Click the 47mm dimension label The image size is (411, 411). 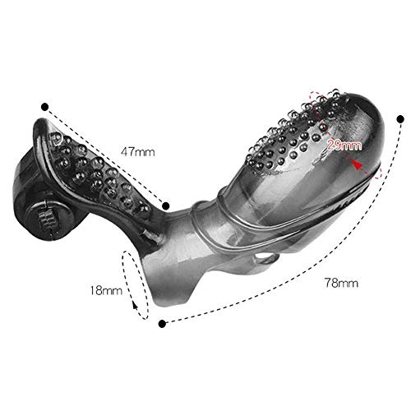pos(138,152)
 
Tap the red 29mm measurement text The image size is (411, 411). pos(344,145)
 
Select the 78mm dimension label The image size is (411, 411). pos(341,283)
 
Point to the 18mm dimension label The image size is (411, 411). pos(106,290)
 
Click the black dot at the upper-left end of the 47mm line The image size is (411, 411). pos(44,107)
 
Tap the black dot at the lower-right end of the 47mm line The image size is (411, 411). pos(165,205)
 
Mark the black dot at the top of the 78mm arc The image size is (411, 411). pos(400,119)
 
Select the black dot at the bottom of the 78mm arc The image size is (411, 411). pos(162,324)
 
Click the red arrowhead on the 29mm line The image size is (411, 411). pos(357,164)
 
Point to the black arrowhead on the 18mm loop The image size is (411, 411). pos(135,305)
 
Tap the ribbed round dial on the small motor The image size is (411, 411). pos(45,219)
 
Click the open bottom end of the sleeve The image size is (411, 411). pos(170,288)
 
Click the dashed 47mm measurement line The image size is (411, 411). pos(105,156)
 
